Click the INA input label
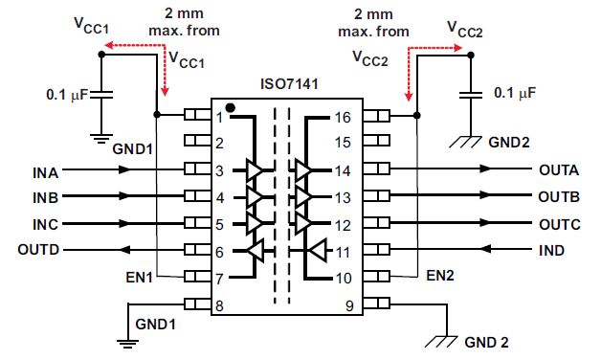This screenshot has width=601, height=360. click(45, 172)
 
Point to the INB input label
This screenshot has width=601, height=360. click(45, 199)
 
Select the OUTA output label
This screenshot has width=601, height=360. click(559, 171)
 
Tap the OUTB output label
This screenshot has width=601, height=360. click(559, 198)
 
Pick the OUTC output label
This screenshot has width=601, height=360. click(559, 225)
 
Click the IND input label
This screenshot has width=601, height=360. click(550, 251)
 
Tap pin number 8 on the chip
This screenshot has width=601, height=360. click(219, 306)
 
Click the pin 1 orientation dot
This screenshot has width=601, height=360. click(231, 107)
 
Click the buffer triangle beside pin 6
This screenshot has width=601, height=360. click(256, 252)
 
